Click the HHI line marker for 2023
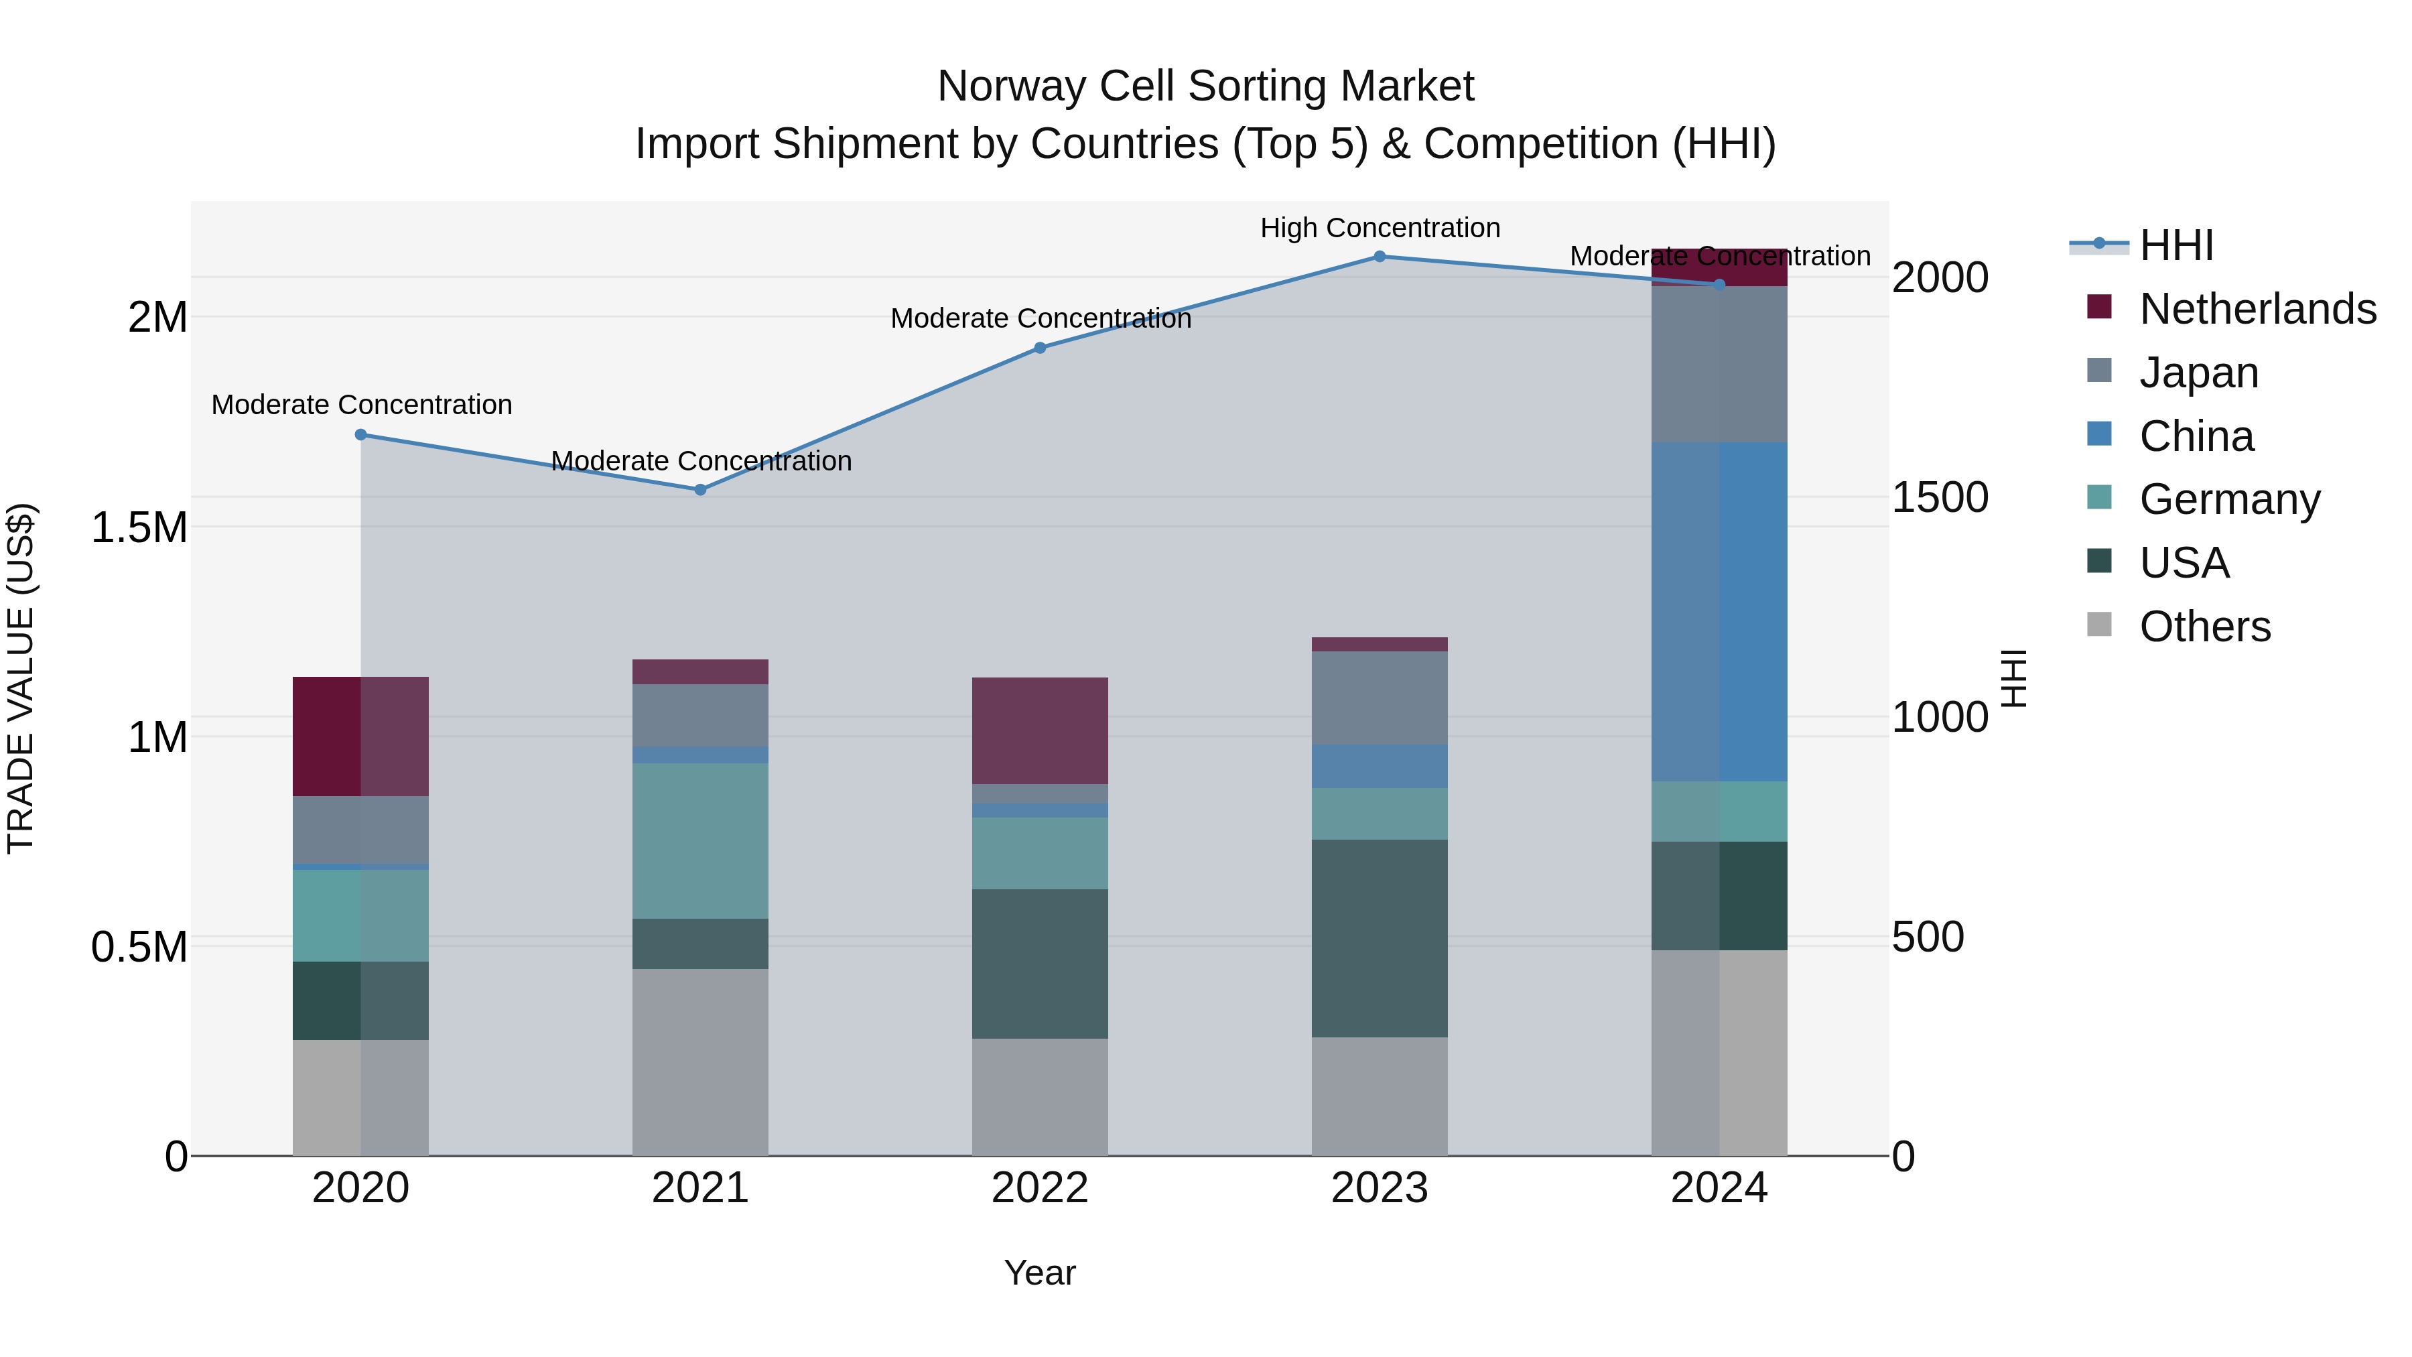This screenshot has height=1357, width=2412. [1380, 257]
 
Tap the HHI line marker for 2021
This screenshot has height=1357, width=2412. [700, 490]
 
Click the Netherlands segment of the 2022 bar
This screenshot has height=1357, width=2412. [1039, 730]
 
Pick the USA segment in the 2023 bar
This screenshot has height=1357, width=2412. [1380, 938]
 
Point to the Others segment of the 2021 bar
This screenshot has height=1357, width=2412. [700, 1062]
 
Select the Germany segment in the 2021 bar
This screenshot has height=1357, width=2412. [700, 840]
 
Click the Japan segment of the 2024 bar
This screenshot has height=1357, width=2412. [1719, 365]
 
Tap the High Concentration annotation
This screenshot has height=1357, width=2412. [1380, 229]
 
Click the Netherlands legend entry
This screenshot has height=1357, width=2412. [2257, 309]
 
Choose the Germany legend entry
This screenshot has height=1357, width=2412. [2228, 499]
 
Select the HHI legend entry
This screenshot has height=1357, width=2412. [2176, 245]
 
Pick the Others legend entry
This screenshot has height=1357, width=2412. [2204, 627]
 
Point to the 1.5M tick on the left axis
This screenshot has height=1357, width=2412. [139, 527]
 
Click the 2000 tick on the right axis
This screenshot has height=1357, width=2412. [1939, 278]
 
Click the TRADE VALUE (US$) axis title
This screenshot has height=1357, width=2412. [21, 678]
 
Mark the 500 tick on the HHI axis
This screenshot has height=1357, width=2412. [1927, 938]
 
